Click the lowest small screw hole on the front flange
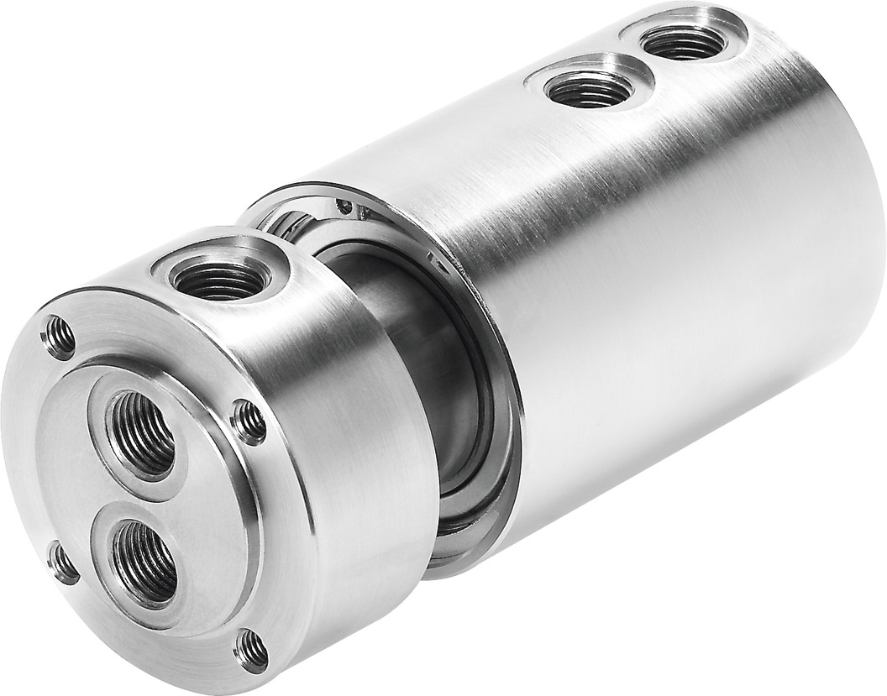(x=251, y=649)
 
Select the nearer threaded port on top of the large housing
(x=588, y=87)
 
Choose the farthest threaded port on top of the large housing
(x=684, y=39)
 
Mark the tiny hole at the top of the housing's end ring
(x=344, y=204)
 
